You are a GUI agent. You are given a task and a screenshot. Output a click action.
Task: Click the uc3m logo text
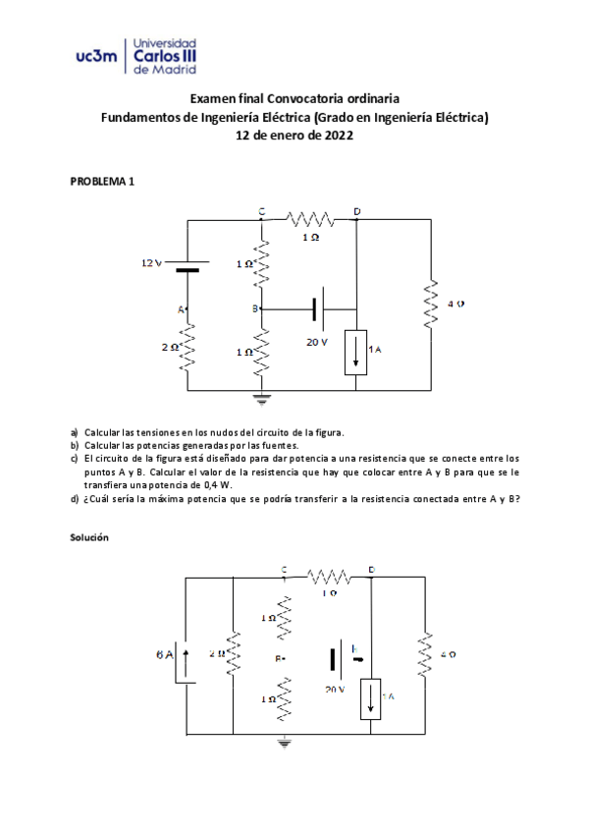[x=94, y=58]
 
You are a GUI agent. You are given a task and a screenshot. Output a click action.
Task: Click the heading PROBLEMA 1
[x=101, y=182]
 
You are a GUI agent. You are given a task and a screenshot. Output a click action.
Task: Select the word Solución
[x=89, y=538]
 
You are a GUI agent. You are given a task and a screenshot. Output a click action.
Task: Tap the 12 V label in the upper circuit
[x=151, y=262]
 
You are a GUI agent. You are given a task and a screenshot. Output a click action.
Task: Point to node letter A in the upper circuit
[x=181, y=308]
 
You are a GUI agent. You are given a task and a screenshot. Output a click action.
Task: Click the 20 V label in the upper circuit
[x=316, y=342]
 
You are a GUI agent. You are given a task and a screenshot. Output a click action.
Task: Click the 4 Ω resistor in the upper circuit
[x=430, y=305]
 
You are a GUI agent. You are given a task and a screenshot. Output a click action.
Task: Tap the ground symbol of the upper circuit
[x=261, y=399]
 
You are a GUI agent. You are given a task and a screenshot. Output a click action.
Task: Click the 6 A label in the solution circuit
[x=164, y=653]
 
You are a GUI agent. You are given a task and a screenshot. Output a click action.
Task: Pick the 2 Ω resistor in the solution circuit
[x=233, y=654]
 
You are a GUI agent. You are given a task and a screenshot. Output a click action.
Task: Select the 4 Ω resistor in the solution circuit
[x=424, y=654]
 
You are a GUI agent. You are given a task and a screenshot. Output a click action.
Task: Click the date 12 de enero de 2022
[x=294, y=137]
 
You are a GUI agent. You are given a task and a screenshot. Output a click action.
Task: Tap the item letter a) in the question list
[x=74, y=431]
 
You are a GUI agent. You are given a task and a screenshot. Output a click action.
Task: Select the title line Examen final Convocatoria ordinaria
[x=294, y=99]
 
